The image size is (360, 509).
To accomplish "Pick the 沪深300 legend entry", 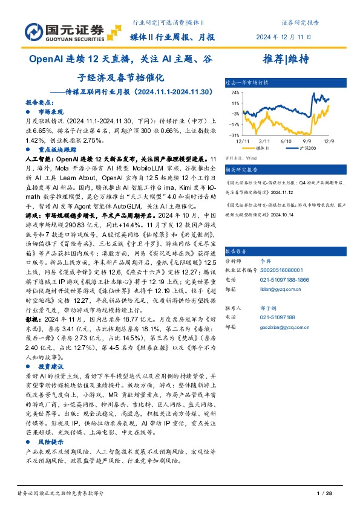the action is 306,148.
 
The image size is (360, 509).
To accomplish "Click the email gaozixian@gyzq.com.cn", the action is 284,327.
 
